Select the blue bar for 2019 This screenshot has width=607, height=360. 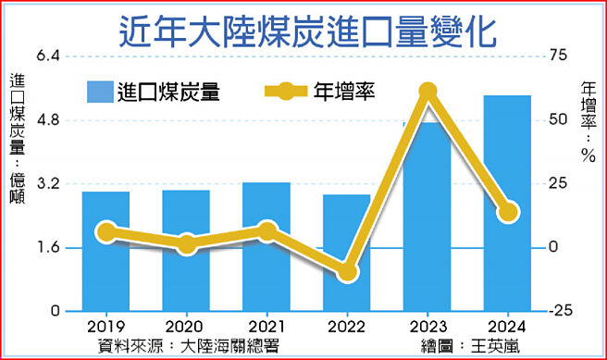click(x=105, y=268)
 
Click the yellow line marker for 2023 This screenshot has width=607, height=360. click(x=427, y=91)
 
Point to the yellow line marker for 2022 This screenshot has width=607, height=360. click(x=347, y=271)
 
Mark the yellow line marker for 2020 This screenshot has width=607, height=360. click(x=186, y=244)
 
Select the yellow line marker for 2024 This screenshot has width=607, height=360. click(x=508, y=212)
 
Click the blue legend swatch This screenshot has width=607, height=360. click(x=99, y=91)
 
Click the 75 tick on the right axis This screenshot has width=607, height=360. click(x=554, y=56)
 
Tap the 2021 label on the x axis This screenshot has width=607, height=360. click(x=266, y=328)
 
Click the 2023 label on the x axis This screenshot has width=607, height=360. click(x=427, y=328)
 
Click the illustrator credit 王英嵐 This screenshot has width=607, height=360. click(x=489, y=344)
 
